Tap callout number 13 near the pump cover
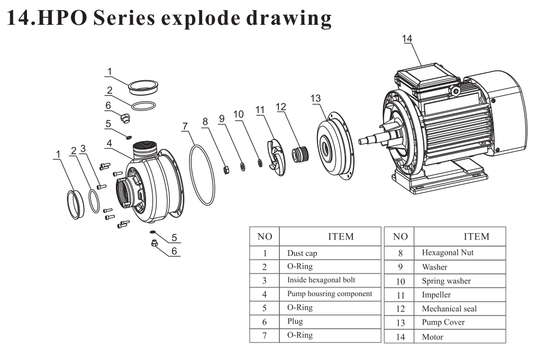(315, 98)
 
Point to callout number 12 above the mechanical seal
(280, 107)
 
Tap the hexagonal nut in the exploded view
(225, 170)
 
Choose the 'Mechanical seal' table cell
(449, 308)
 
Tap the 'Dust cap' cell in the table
(302, 253)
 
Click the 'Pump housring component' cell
(330, 293)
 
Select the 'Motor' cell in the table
(432, 336)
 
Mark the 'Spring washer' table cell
(446, 281)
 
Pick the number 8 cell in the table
(400, 253)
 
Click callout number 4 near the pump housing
(108, 143)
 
